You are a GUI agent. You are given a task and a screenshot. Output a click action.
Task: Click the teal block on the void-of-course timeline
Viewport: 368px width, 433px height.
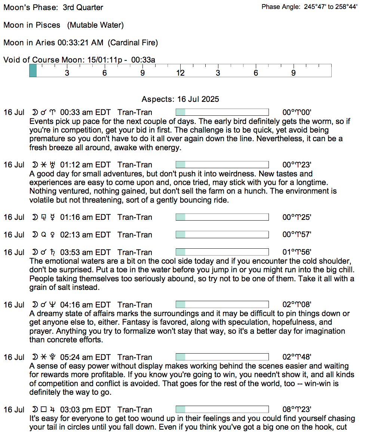(x=33, y=71)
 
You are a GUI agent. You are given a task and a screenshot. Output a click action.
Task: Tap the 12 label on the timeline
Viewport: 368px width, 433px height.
(x=180, y=73)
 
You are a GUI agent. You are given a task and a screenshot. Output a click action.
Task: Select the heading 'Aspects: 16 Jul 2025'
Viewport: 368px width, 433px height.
(x=180, y=99)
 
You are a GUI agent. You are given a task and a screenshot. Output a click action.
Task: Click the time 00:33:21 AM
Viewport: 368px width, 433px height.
(x=80, y=43)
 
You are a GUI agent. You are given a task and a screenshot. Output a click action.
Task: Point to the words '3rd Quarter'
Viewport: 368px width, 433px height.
(x=83, y=7)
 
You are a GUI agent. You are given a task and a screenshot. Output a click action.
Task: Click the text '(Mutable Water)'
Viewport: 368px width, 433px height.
(x=95, y=25)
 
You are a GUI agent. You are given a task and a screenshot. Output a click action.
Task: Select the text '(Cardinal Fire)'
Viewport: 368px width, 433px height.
(x=133, y=43)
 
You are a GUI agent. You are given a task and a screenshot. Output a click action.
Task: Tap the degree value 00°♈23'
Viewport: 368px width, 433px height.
(x=297, y=165)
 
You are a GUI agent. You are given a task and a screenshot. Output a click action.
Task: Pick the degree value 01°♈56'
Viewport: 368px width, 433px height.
(x=297, y=252)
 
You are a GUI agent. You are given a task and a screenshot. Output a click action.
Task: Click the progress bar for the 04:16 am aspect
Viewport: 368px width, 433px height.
(x=222, y=305)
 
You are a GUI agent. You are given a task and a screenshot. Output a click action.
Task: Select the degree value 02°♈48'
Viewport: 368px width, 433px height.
(x=297, y=357)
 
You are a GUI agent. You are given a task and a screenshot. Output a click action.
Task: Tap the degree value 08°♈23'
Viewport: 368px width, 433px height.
(x=297, y=410)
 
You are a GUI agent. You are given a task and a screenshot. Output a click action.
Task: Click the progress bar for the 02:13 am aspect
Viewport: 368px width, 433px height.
(x=222, y=235)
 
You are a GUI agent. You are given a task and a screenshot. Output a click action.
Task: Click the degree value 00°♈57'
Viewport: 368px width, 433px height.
(x=297, y=235)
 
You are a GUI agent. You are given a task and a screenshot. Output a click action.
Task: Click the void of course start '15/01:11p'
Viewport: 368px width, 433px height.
(x=104, y=60)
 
